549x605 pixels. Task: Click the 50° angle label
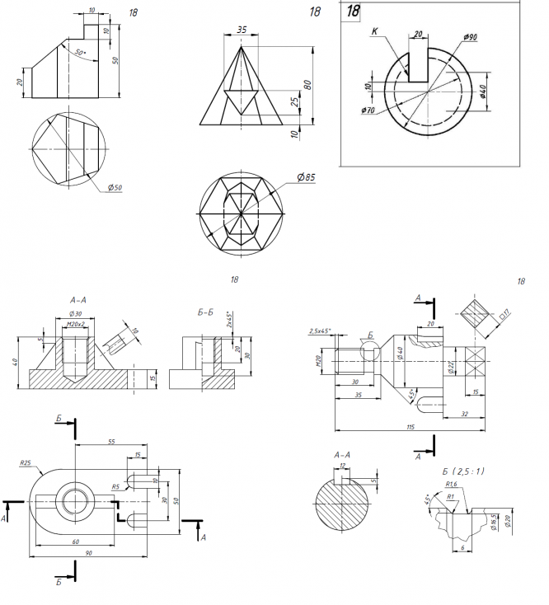tap(80, 52)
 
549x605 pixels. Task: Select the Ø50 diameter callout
tap(115, 188)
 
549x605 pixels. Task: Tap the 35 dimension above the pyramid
tap(242, 30)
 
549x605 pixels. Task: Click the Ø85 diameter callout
tap(306, 176)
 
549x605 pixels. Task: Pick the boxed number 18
tap(354, 12)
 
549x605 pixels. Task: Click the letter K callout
tap(374, 32)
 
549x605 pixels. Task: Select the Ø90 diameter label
tap(471, 38)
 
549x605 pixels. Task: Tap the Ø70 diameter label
tap(368, 110)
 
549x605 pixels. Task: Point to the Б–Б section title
tap(208, 312)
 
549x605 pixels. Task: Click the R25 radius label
tap(25, 463)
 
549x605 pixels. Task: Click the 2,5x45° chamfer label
tap(320, 331)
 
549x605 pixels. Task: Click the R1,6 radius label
tap(451, 485)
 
